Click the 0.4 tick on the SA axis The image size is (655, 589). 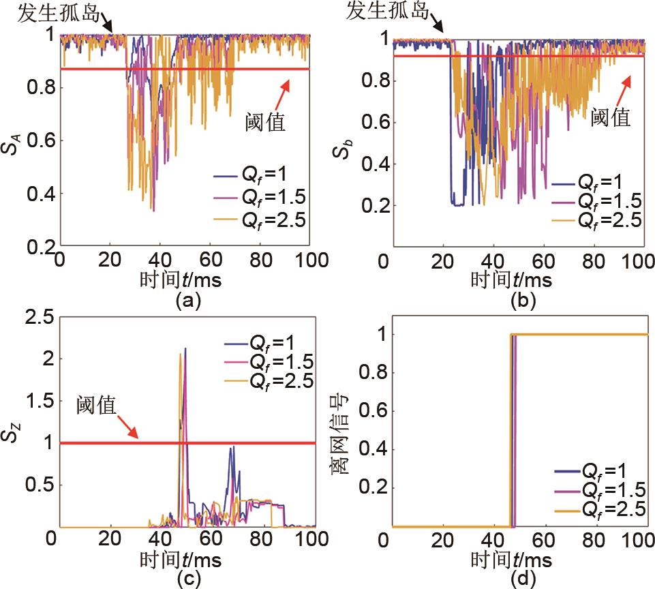tap(40, 194)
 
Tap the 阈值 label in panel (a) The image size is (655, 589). tap(266, 123)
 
